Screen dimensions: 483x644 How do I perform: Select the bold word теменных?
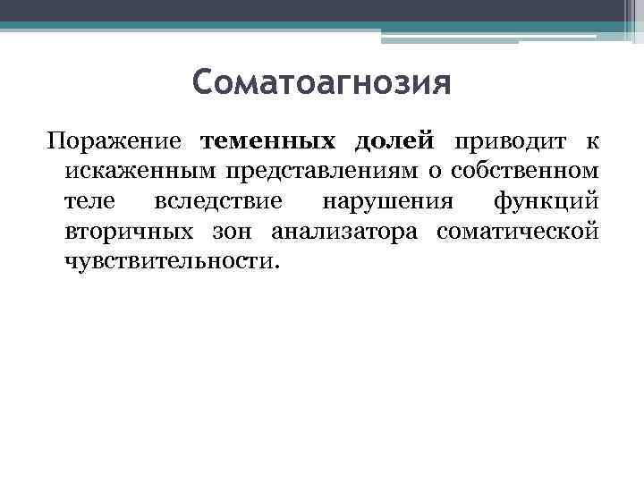click(270, 141)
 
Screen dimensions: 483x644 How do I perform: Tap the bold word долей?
click(394, 141)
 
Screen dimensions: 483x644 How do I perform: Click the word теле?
click(89, 200)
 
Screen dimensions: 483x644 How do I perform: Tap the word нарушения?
click(383, 201)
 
